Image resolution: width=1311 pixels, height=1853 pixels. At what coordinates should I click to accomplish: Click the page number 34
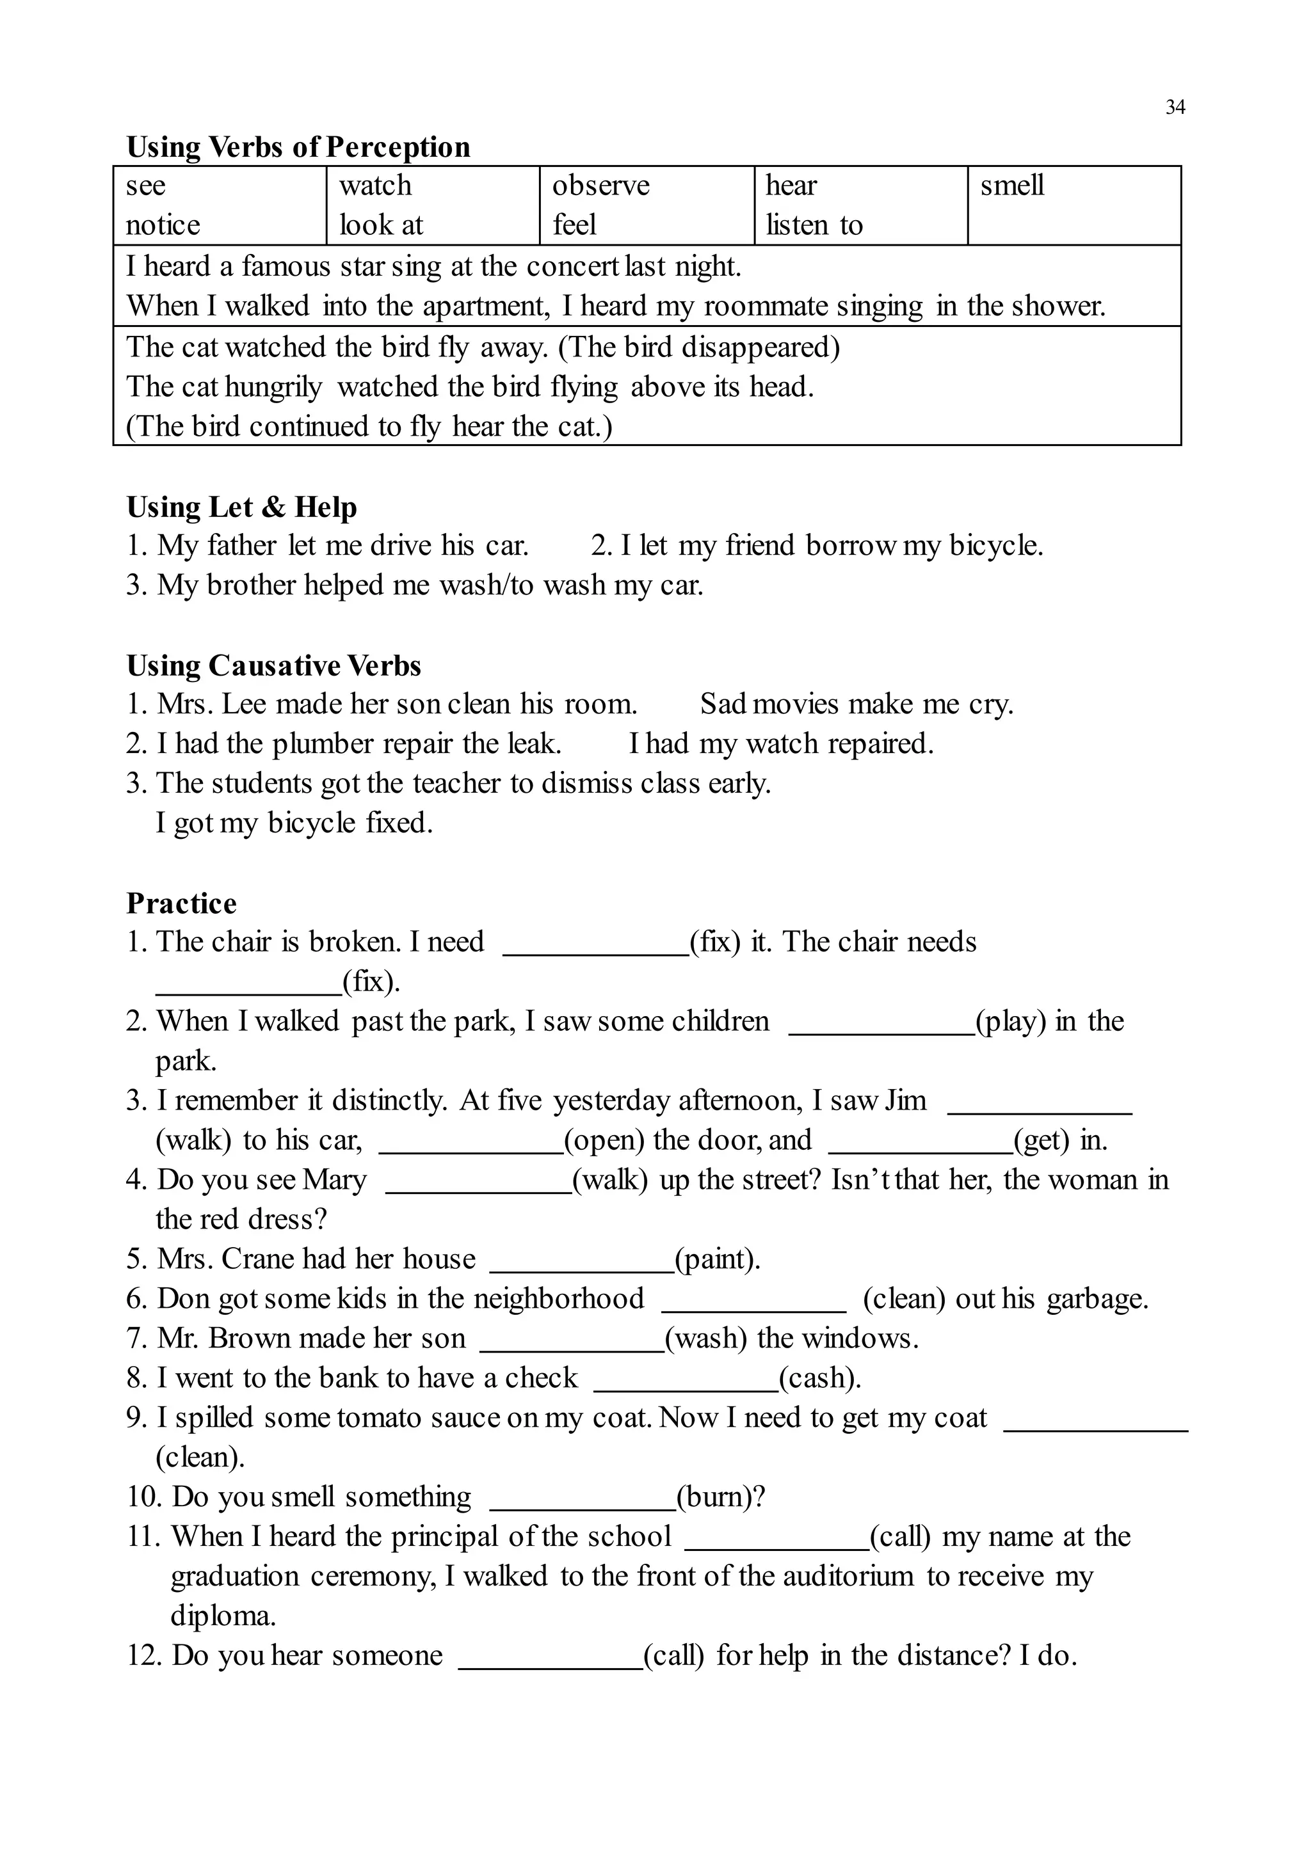pyautogui.click(x=1175, y=107)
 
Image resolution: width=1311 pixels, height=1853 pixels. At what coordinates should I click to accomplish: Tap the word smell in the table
pyautogui.click(x=1011, y=186)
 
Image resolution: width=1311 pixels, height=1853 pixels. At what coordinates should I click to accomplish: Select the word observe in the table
pyautogui.click(x=600, y=186)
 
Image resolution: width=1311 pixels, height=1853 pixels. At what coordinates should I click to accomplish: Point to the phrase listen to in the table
pyautogui.click(x=814, y=225)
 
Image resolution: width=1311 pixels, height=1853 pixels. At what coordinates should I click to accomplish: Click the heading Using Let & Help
pyautogui.click(x=241, y=507)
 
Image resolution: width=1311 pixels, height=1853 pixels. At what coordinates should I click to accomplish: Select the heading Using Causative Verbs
pyautogui.click(x=274, y=666)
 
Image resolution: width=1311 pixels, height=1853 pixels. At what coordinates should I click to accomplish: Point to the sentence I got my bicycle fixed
pyautogui.click(x=294, y=823)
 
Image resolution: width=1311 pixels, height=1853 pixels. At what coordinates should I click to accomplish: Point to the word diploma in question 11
pyautogui.click(x=223, y=1616)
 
